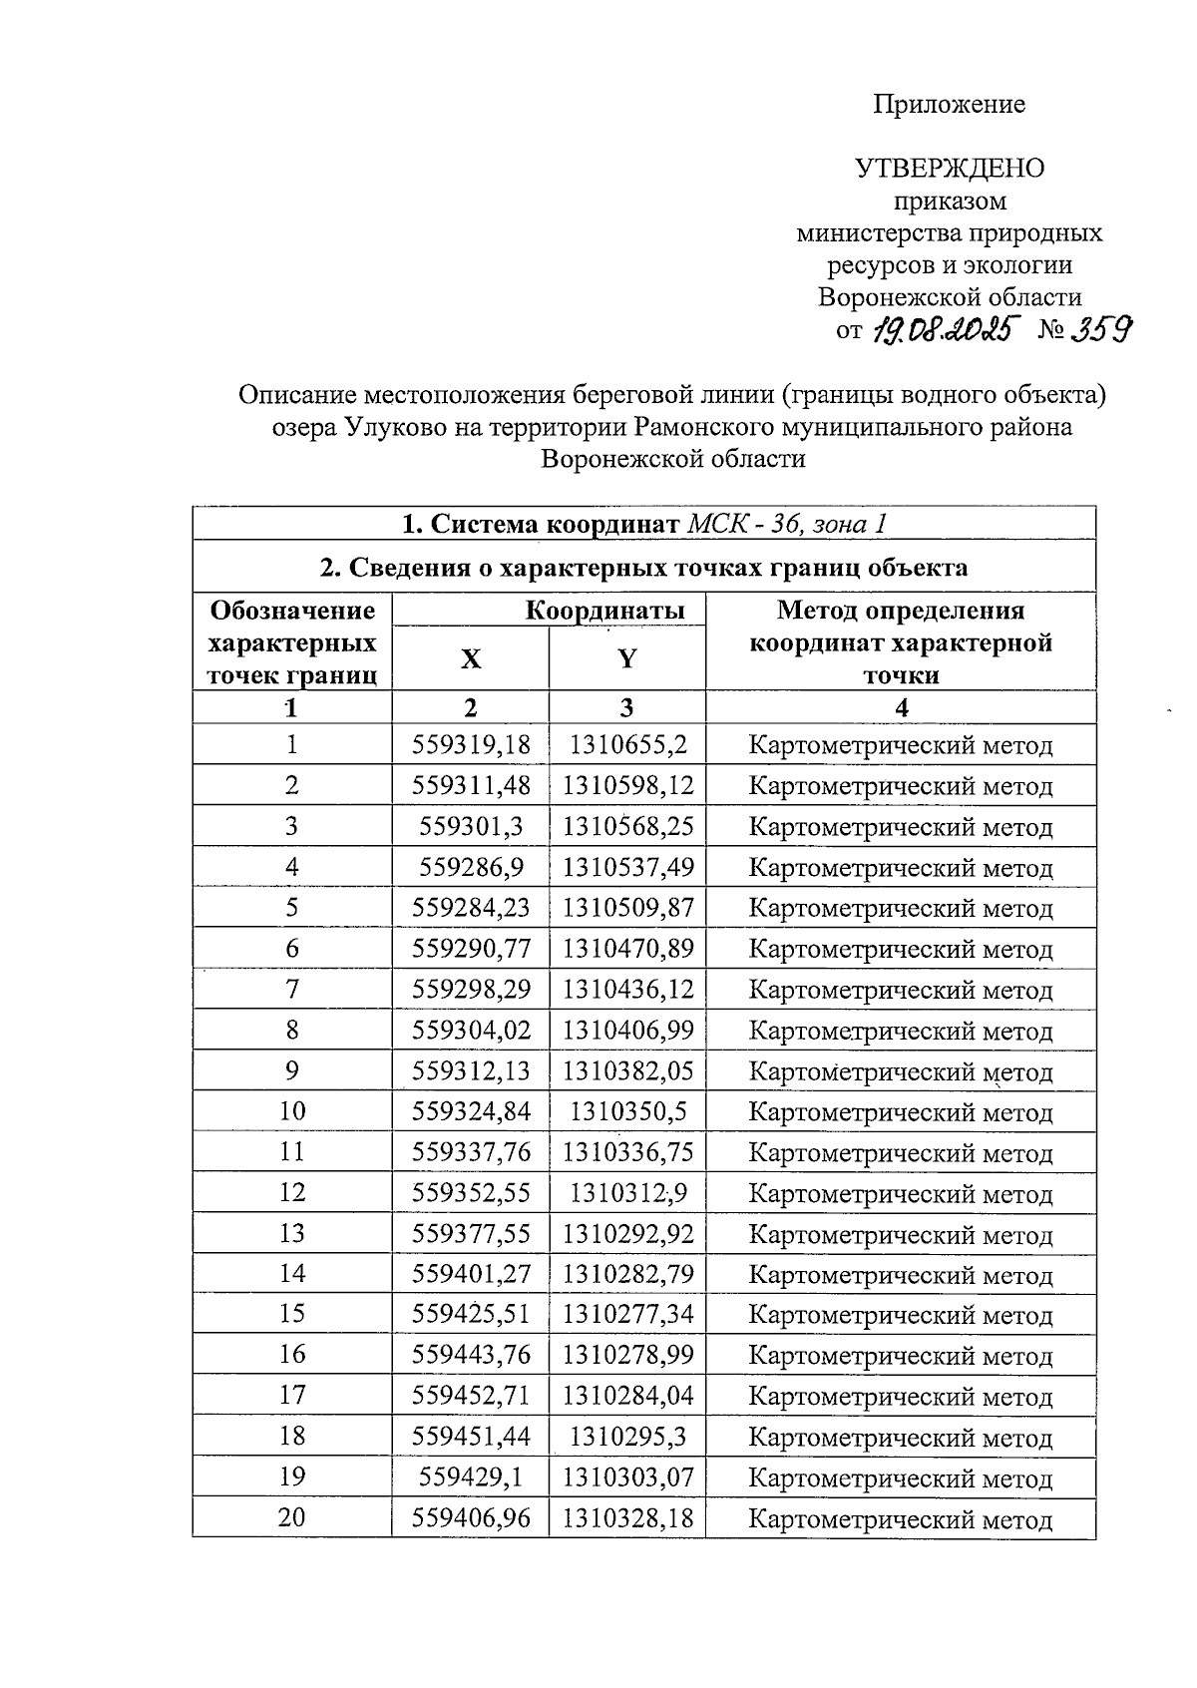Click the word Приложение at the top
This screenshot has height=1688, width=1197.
[949, 105]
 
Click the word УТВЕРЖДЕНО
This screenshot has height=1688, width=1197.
[949, 169]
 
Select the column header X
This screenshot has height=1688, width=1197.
[470, 659]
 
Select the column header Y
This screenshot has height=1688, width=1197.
[626, 659]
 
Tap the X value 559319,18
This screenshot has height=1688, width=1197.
[471, 745]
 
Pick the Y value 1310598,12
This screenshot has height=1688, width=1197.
[627, 786]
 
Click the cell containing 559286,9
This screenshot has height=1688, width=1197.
[471, 867]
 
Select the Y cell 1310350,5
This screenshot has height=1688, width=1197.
[627, 1111]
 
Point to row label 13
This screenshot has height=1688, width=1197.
[291, 1233]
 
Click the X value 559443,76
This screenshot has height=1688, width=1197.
[471, 1355]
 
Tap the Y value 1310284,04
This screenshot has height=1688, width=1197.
[627, 1396]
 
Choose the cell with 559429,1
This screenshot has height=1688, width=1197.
[471, 1477]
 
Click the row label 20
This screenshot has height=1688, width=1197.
[291, 1518]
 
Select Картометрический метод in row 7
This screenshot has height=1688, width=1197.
[900, 990]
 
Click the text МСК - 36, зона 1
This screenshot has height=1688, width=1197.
[787, 524]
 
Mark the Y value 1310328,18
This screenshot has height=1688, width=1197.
[627, 1518]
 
